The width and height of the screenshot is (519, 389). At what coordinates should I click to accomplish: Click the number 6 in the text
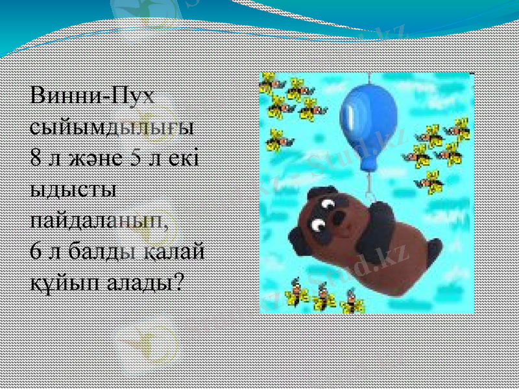click(x=37, y=250)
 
